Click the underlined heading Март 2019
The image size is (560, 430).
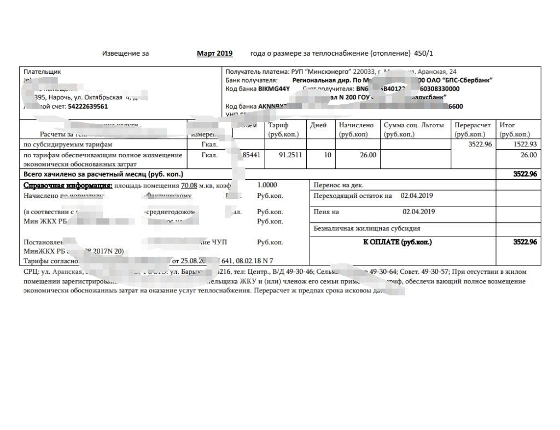[x=215, y=54]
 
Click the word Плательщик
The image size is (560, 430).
[x=42, y=72]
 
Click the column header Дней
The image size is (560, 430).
[x=318, y=125]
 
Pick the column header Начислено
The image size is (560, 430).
[x=356, y=125]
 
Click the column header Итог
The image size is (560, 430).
[x=508, y=125]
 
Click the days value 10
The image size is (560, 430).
[x=327, y=155]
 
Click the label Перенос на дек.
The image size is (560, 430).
[x=339, y=185]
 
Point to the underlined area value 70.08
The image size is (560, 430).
[x=189, y=185]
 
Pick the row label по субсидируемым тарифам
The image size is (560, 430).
[x=67, y=144]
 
